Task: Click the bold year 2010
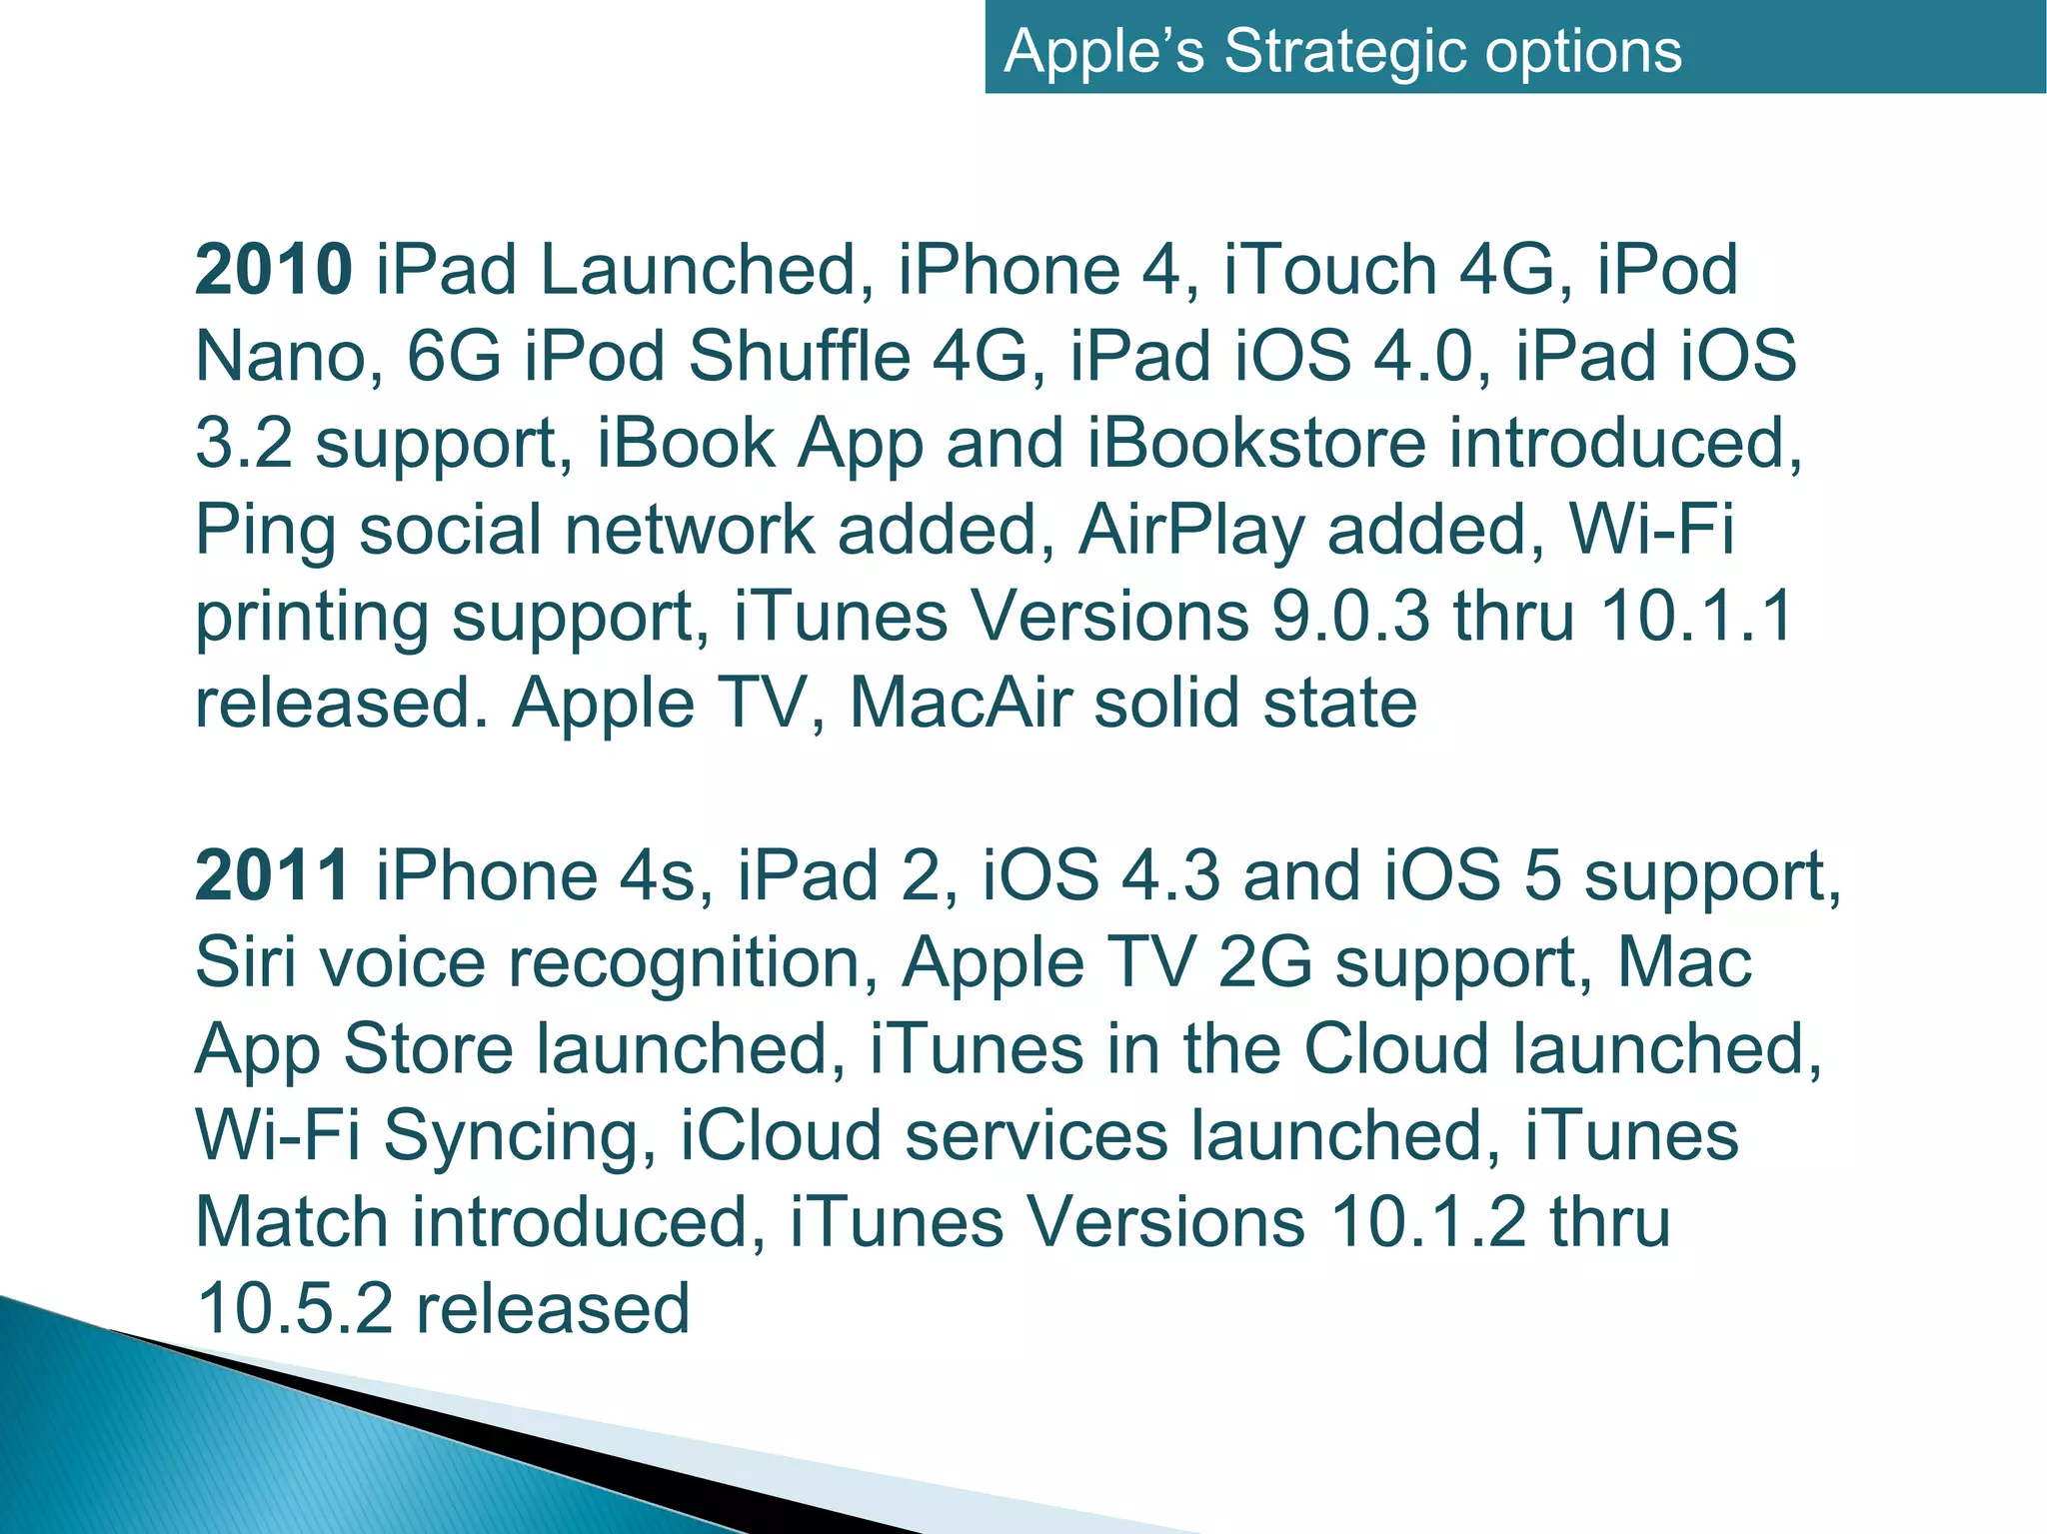point(273,270)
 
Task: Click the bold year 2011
point(272,876)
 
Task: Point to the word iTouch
point(1329,270)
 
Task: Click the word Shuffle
point(799,357)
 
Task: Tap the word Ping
point(265,530)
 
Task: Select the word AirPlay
point(1191,530)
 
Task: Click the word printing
point(312,617)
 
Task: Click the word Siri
point(246,962)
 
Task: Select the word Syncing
point(520,1137)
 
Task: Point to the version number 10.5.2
point(295,1309)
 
